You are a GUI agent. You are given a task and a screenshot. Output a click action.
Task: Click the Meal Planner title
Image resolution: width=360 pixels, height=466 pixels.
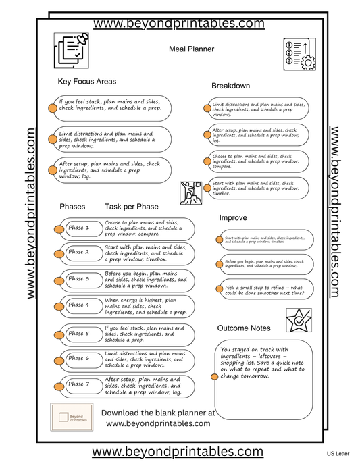click(191, 49)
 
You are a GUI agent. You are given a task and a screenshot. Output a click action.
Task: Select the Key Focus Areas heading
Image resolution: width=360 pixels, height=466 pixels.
click(87, 82)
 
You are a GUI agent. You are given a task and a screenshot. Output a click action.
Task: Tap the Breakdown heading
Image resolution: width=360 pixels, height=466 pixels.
click(230, 86)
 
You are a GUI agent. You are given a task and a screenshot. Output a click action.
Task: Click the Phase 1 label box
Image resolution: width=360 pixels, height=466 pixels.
click(79, 228)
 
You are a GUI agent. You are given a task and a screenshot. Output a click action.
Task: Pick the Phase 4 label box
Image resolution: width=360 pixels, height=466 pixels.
click(79, 305)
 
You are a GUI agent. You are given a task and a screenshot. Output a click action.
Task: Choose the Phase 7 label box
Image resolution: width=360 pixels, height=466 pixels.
click(79, 384)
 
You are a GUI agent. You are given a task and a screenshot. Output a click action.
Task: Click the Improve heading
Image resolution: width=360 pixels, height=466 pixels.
click(232, 218)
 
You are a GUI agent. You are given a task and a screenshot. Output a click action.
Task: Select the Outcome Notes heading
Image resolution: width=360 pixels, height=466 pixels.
click(244, 328)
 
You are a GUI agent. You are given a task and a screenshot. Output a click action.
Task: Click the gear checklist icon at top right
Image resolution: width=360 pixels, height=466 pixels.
click(299, 54)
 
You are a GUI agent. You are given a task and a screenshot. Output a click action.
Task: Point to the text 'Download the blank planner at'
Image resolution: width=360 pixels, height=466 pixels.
click(157, 412)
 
